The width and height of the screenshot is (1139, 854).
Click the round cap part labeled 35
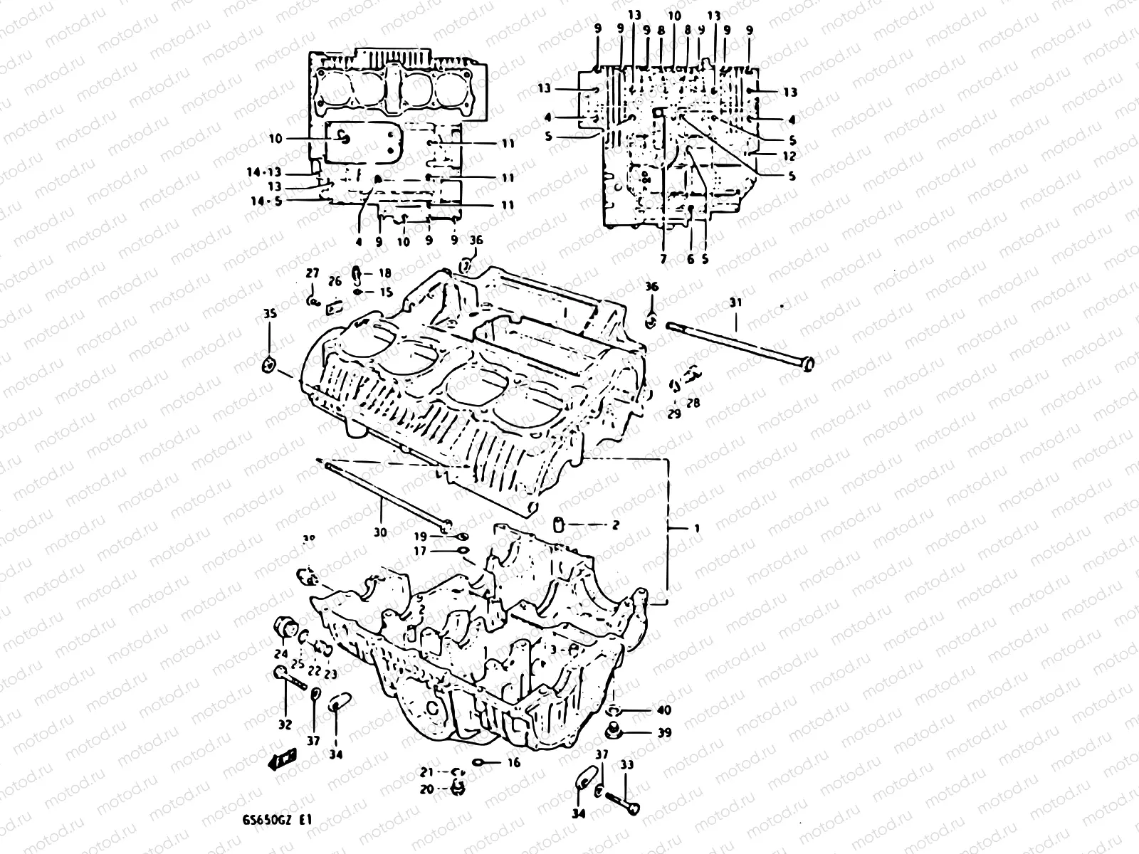(x=269, y=365)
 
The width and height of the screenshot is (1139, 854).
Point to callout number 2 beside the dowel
(x=615, y=525)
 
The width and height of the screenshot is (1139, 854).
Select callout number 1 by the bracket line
(x=697, y=529)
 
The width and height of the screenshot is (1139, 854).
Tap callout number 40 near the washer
(x=663, y=710)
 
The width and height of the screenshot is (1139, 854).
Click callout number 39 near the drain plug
(x=663, y=732)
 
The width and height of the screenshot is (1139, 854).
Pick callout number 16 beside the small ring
(x=514, y=763)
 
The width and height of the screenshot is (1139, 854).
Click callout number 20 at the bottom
(x=426, y=789)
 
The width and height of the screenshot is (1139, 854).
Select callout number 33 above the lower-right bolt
(x=626, y=765)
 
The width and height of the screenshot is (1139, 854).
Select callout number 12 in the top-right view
(x=789, y=155)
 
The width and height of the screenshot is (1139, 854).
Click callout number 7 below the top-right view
(x=663, y=260)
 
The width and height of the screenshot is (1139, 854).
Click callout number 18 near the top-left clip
(x=384, y=273)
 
